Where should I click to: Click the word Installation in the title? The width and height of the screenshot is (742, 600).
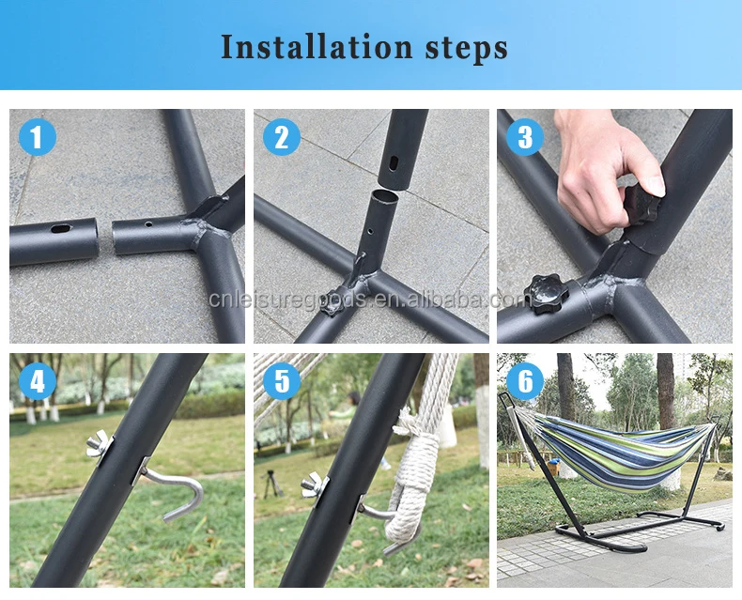(317, 47)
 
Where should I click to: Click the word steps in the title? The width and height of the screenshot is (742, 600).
(467, 49)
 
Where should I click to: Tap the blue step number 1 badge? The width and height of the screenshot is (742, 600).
(38, 137)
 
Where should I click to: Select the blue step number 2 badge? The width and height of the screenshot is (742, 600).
(282, 137)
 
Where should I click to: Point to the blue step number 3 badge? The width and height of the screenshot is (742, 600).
(525, 137)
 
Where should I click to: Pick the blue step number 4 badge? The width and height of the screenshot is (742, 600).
(38, 381)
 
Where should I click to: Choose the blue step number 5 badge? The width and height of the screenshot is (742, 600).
(282, 381)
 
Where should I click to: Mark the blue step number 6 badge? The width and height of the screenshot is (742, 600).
(525, 381)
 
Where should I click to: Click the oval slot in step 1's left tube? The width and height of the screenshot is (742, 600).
(60, 229)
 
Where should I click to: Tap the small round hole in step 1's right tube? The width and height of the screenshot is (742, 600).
(148, 223)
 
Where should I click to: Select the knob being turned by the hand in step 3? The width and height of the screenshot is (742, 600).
(642, 204)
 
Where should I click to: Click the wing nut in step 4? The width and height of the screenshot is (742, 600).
(99, 445)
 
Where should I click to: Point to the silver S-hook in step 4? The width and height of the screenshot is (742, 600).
(176, 492)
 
